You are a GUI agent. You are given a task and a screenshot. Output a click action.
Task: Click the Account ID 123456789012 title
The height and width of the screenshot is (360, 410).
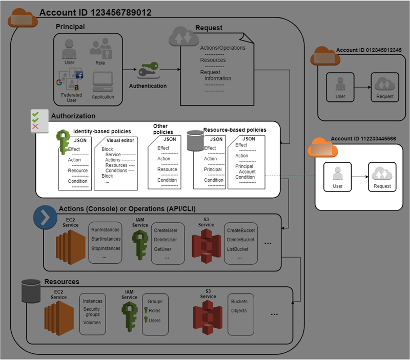click(x=95, y=12)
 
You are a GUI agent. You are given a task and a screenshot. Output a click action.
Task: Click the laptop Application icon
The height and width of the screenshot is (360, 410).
click(x=103, y=82)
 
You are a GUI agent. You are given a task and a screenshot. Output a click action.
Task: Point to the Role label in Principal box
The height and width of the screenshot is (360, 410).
click(x=100, y=62)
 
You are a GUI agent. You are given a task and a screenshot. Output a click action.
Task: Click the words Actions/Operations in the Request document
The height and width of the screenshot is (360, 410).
click(x=222, y=48)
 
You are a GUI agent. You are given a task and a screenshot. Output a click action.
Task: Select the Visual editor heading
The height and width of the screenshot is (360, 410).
click(x=120, y=140)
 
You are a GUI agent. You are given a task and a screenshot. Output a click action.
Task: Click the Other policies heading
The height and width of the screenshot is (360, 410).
click(x=160, y=129)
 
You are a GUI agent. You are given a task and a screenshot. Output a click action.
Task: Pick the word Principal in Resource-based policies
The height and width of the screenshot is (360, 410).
click(x=213, y=170)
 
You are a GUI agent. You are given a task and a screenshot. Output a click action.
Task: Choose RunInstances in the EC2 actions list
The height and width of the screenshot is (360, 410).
click(x=106, y=230)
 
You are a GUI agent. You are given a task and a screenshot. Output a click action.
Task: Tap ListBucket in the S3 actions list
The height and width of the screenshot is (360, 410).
click(x=237, y=249)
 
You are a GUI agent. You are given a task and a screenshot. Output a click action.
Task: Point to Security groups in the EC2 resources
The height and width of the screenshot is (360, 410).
click(x=92, y=312)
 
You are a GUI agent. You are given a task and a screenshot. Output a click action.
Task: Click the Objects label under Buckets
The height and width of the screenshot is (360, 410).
click(x=239, y=310)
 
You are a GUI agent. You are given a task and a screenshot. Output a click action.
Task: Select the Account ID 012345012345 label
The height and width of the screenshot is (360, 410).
click(x=368, y=50)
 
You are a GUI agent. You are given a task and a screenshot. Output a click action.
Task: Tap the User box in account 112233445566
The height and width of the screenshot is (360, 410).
click(x=338, y=177)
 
